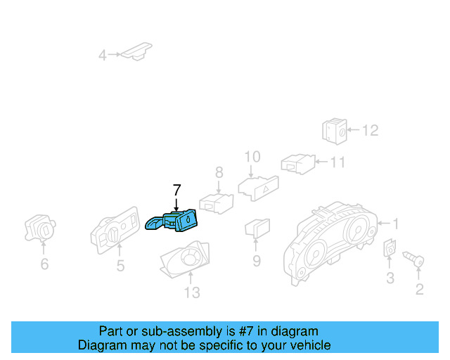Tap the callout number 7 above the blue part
tap(176, 190)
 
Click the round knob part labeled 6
tap(41, 228)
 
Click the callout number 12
tap(370, 130)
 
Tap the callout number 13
tap(191, 292)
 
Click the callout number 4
tap(103, 55)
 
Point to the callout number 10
tap(252, 157)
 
